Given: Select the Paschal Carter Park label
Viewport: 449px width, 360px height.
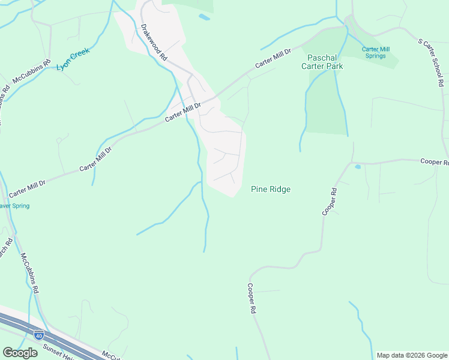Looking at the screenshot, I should coord(325,62).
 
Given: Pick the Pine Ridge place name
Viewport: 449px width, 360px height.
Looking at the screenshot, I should coord(270,189).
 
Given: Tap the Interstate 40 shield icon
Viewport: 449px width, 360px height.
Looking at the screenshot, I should coord(39,334).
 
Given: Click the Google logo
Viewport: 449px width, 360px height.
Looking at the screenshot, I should coord(20,353).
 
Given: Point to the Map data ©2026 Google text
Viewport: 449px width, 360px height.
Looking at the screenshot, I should coord(412,355).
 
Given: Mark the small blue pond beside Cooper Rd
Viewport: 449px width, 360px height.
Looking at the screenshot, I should coord(358,166).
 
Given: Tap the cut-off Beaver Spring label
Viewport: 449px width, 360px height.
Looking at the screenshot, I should coord(13,206).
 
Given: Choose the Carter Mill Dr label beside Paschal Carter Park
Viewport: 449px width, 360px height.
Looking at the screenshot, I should coord(273,58).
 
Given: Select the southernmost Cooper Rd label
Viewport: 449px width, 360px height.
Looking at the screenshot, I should coord(252,299).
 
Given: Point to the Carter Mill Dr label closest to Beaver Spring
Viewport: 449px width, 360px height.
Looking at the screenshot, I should coord(28,188).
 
